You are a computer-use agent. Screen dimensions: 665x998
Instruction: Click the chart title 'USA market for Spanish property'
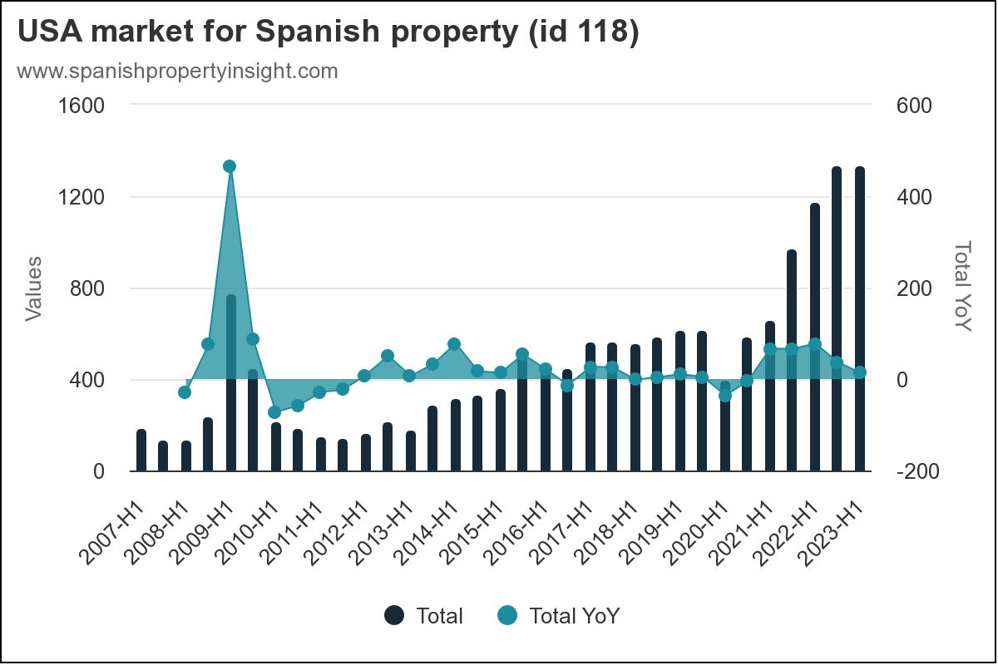(x=328, y=33)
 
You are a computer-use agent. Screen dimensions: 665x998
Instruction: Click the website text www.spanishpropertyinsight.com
(x=177, y=71)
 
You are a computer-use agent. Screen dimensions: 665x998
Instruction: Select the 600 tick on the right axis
(x=914, y=106)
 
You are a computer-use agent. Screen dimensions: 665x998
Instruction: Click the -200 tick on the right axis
(x=917, y=471)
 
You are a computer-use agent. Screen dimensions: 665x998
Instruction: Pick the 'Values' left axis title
(x=33, y=288)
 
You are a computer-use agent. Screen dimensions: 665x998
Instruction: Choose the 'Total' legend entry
(x=424, y=616)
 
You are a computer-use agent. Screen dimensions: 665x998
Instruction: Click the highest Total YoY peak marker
(x=230, y=166)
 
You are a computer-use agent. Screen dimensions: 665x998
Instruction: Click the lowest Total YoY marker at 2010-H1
(x=274, y=412)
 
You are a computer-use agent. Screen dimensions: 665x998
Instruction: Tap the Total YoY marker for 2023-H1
(x=860, y=372)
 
